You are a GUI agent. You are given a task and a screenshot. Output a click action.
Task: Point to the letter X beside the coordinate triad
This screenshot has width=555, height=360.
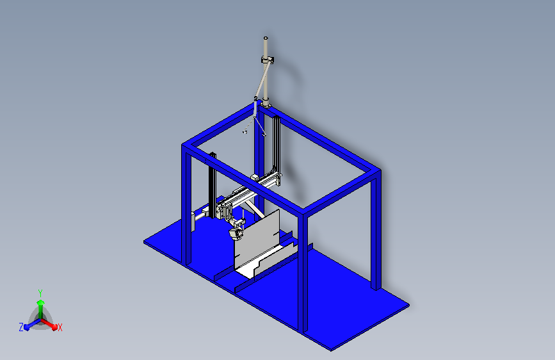[60, 327]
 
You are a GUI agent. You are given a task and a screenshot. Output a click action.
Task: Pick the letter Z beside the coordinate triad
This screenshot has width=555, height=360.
[21, 327]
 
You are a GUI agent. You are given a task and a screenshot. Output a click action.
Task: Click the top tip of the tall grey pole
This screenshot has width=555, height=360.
[266, 39]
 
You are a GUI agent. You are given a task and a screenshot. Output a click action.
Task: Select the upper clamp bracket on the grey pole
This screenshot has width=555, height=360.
[268, 60]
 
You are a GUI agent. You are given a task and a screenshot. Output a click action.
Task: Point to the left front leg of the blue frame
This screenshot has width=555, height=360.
[188, 205]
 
